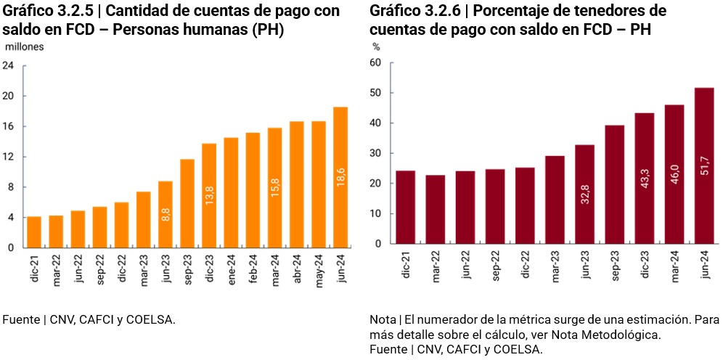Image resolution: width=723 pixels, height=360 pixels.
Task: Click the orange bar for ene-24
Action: pos(231,192)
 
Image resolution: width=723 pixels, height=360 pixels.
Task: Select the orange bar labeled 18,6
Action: pos(340,177)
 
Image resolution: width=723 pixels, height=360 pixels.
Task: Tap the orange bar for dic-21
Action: pos(34,232)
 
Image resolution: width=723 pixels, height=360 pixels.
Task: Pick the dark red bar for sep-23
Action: pos(615,185)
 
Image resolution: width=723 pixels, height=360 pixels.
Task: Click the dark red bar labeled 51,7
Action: pos(704,166)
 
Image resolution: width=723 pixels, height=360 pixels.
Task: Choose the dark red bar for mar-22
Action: pos(436,210)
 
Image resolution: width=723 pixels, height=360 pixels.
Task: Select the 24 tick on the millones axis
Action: pos(9,65)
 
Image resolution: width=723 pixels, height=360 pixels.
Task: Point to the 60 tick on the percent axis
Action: pos(375,62)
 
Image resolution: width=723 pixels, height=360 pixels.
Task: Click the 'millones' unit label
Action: pos(25,46)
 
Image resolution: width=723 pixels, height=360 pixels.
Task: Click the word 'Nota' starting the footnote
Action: pos(382,319)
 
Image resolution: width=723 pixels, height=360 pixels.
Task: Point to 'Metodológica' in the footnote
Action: pos(628,335)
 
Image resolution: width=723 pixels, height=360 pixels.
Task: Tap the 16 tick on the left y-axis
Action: pos(9,126)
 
